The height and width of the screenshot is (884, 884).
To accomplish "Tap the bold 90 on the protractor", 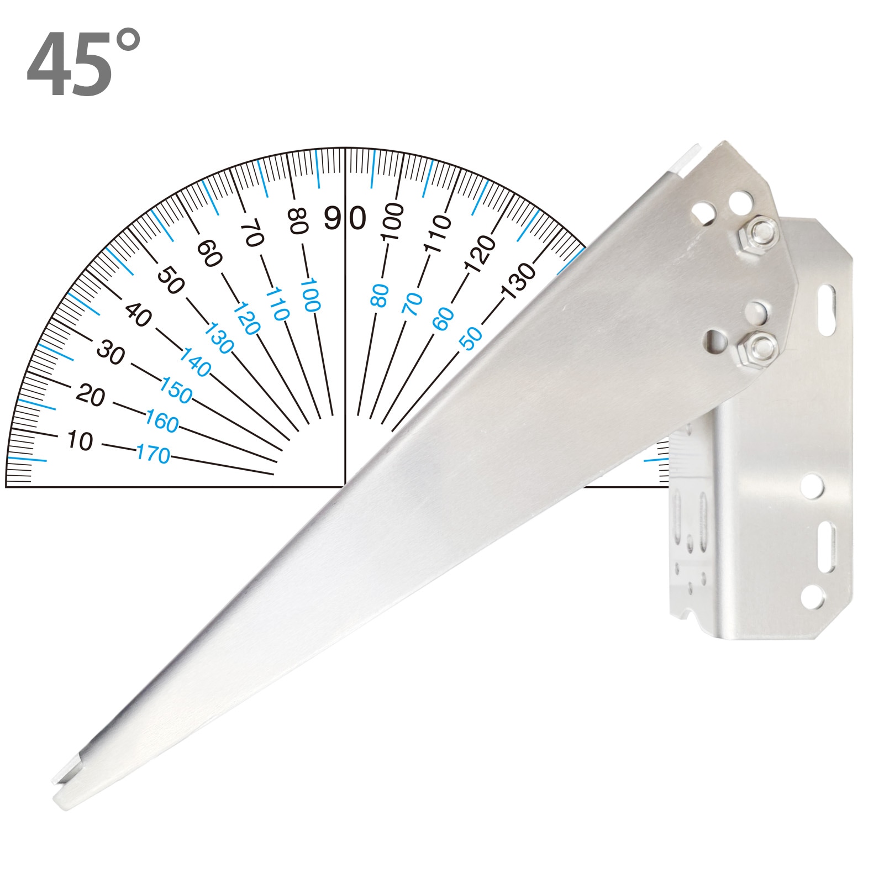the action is [345, 218].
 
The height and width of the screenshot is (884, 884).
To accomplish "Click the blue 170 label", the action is [153, 454].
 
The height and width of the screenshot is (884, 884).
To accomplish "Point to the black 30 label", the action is [110, 352].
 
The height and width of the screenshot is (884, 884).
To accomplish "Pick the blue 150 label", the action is [176, 390].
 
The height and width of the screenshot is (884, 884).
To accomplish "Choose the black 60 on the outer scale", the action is [209, 253].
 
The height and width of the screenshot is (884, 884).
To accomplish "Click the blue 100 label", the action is [310, 296].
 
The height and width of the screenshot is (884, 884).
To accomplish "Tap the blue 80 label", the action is [380, 296].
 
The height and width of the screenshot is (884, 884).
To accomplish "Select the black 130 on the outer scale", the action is [519, 281].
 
